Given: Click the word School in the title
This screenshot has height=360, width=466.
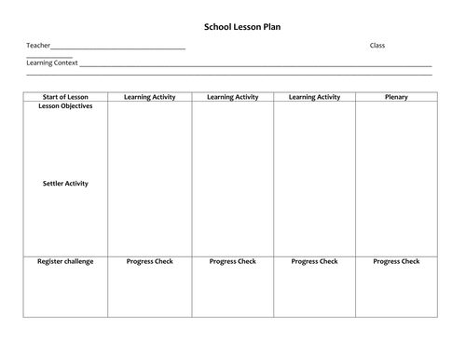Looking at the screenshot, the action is (x=217, y=27).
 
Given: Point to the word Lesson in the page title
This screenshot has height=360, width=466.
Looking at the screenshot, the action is (x=245, y=27).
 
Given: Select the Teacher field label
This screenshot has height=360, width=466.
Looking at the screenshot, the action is (x=37, y=46).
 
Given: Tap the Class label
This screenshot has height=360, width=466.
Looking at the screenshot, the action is (x=377, y=46).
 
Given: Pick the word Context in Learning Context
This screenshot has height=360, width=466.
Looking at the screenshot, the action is (x=65, y=63).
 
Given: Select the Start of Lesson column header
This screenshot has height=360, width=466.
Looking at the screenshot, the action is (x=65, y=96).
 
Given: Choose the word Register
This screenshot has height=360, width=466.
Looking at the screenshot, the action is (x=51, y=261).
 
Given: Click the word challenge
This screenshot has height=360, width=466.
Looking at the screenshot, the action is (x=80, y=261).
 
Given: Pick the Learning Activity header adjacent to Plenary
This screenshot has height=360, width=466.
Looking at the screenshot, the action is (x=314, y=96).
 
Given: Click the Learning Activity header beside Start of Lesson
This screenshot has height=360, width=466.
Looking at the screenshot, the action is (x=150, y=96).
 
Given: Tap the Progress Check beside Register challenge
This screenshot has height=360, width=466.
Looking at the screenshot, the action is (x=150, y=261).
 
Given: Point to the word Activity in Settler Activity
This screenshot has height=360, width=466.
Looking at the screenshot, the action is (x=77, y=184).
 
